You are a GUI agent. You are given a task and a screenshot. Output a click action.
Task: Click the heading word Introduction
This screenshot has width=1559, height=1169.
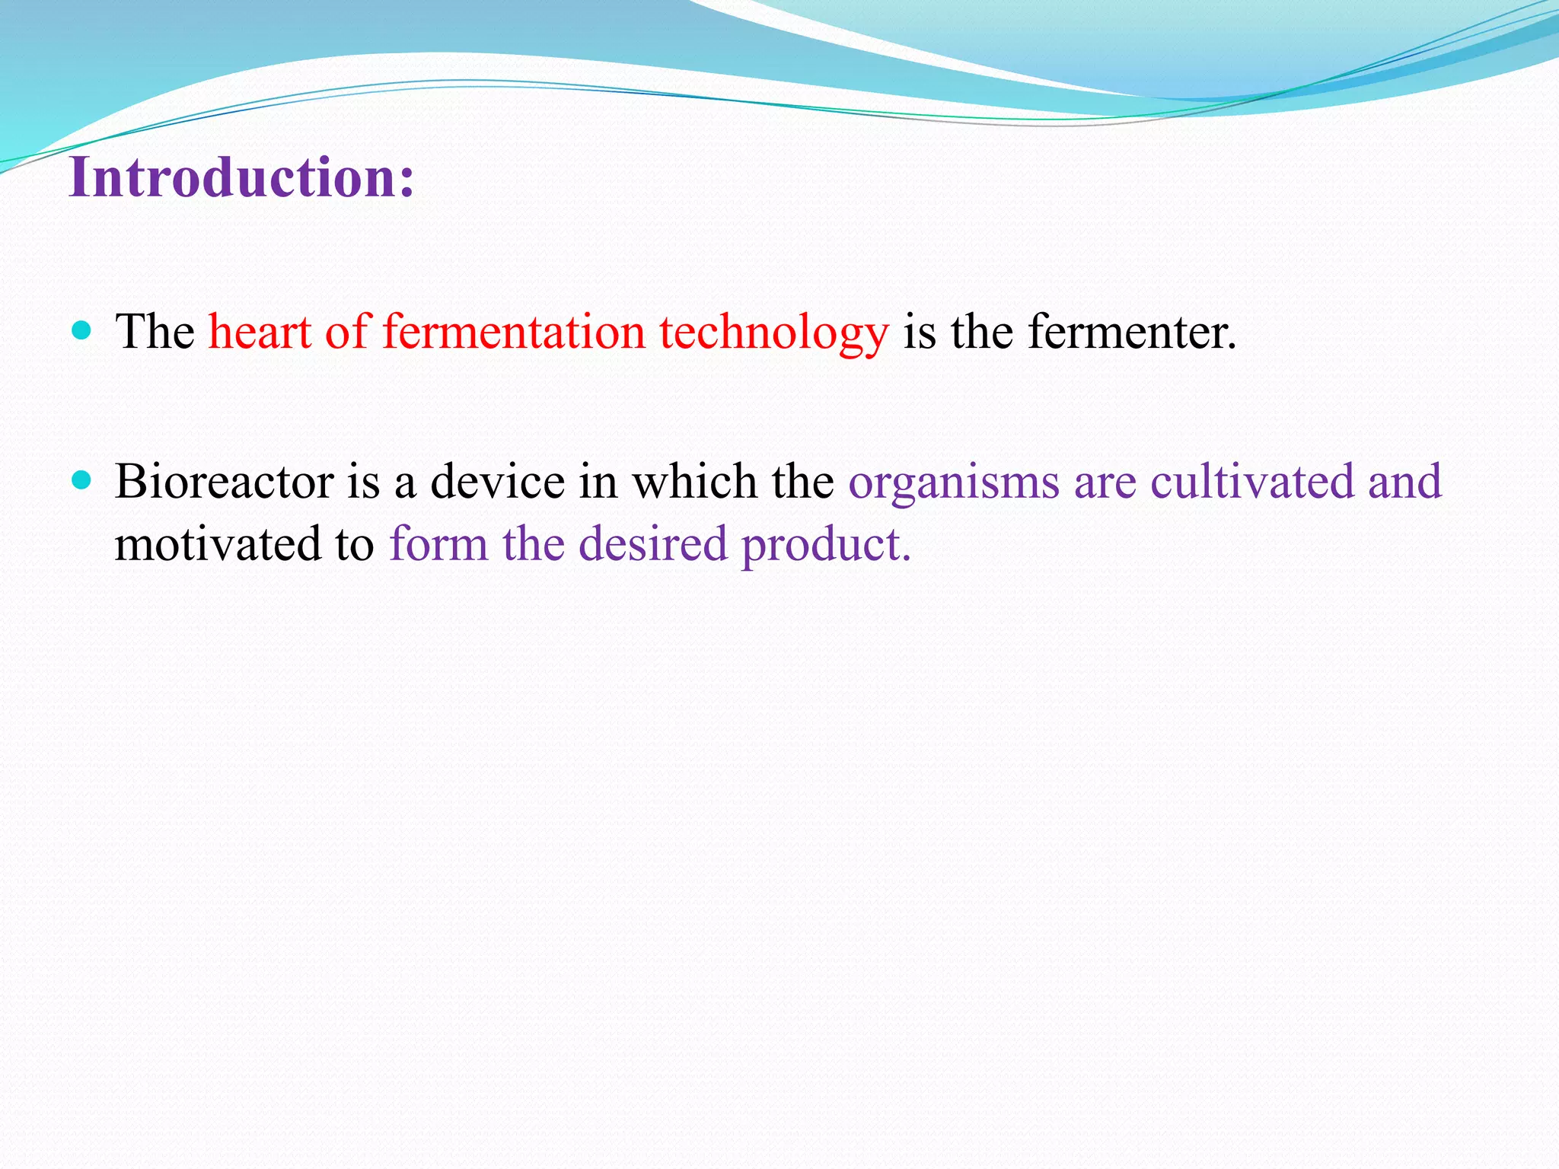[232, 177]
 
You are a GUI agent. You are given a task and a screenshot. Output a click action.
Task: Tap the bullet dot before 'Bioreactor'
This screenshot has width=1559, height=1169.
[81, 480]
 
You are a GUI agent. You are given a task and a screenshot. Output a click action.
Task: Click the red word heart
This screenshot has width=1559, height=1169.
[260, 332]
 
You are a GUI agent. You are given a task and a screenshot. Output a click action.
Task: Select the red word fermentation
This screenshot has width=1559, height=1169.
[514, 332]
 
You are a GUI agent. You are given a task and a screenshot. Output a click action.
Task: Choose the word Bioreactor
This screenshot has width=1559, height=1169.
[225, 482]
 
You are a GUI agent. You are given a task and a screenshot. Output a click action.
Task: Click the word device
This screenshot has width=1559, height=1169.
[497, 482]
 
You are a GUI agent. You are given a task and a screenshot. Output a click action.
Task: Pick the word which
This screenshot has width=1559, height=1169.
[694, 482]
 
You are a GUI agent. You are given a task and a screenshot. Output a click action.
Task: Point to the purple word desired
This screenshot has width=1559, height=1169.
[652, 544]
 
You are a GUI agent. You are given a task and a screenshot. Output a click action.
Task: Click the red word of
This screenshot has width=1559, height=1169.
[346, 332]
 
